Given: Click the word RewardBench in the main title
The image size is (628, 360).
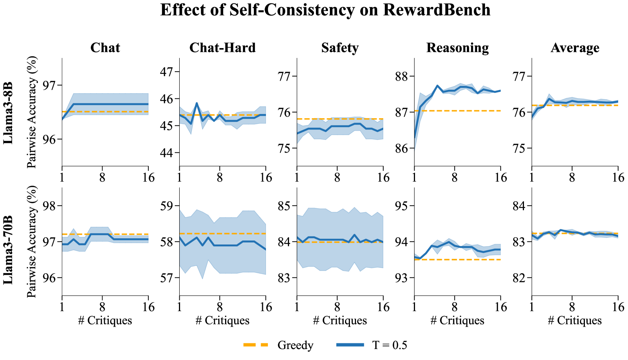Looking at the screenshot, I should pyautogui.click(x=437, y=10).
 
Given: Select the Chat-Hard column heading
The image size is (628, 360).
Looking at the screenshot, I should pyautogui.click(x=222, y=48).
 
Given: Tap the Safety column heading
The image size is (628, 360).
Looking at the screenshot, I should pyautogui.click(x=340, y=48).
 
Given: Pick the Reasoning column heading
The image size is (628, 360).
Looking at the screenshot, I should pyautogui.click(x=457, y=48).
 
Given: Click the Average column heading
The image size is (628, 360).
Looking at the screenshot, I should pyautogui.click(x=575, y=48).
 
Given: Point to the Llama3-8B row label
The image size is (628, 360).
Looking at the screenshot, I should pyautogui.click(x=8, y=112).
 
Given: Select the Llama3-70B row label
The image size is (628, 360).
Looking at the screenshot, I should pyautogui.click(x=8, y=250).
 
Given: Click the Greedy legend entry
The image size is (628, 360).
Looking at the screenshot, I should pyautogui.click(x=295, y=345).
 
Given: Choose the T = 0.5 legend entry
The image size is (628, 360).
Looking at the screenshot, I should pyautogui.click(x=389, y=345).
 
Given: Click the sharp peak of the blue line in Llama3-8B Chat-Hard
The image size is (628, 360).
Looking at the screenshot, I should pyautogui.click(x=197, y=103).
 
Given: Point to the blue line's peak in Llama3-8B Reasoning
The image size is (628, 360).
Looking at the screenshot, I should pyautogui.click(x=437, y=86).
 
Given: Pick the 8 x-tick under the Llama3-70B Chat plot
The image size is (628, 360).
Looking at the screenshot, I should pyautogui.click(x=102, y=307).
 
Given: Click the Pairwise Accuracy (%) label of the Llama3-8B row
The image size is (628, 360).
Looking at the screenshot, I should pyautogui.click(x=32, y=112).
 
